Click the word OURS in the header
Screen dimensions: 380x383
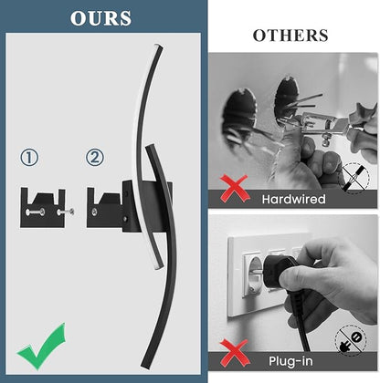[100, 18]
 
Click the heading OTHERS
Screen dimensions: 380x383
[290, 36]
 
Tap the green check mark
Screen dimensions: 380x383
[42, 347]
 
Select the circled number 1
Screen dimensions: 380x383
[29, 158]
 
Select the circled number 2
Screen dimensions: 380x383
[95, 158]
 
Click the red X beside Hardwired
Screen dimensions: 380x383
[235, 189]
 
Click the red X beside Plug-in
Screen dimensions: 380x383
[235, 353]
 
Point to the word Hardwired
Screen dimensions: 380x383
[293, 199]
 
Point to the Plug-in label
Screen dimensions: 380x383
[290, 361]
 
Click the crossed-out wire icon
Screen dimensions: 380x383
[355, 177]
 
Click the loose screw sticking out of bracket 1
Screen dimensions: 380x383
[66, 212]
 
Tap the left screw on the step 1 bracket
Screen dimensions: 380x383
[36, 212]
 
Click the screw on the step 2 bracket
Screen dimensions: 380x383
[95, 211]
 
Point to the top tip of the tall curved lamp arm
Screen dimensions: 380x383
[159, 47]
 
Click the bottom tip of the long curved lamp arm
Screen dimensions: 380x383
[145, 367]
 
